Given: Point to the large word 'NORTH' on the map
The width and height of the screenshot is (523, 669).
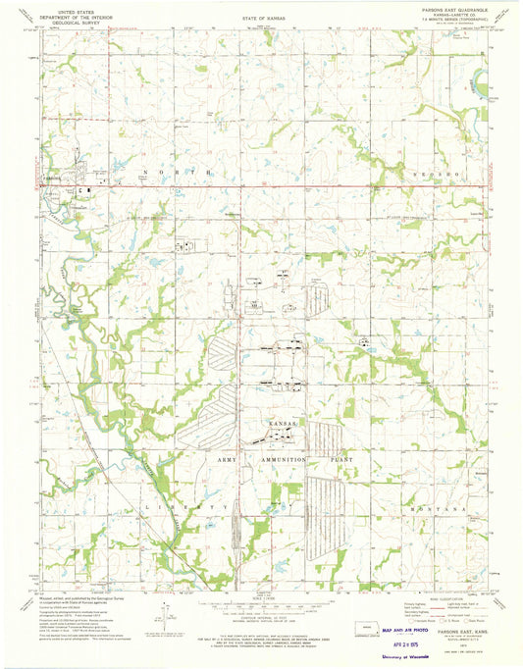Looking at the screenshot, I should coord(171,173).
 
